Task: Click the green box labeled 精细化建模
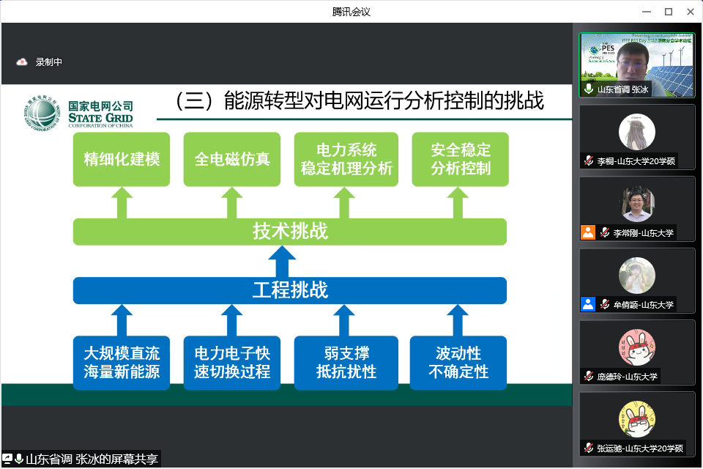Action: click(x=122, y=159)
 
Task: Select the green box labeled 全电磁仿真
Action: click(x=232, y=159)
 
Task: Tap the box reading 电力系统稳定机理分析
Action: click(x=346, y=159)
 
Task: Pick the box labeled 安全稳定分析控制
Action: click(x=461, y=159)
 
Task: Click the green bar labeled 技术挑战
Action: click(x=290, y=232)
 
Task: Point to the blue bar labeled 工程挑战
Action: click(x=290, y=290)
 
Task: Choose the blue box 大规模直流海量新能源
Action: click(x=122, y=362)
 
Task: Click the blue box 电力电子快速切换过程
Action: click(x=232, y=362)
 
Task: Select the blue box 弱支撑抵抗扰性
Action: click(x=346, y=362)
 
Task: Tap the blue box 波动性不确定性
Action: click(x=458, y=362)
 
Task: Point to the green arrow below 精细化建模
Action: click(x=122, y=203)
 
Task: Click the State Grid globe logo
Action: click(x=42, y=114)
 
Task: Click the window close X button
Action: click(x=689, y=12)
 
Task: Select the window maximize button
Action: click(x=668, y=12)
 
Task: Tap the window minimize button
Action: click(x=647, y=12)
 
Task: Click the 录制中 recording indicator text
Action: click(x=49, y=62)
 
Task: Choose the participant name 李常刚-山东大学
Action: click(x=643, y=233)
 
